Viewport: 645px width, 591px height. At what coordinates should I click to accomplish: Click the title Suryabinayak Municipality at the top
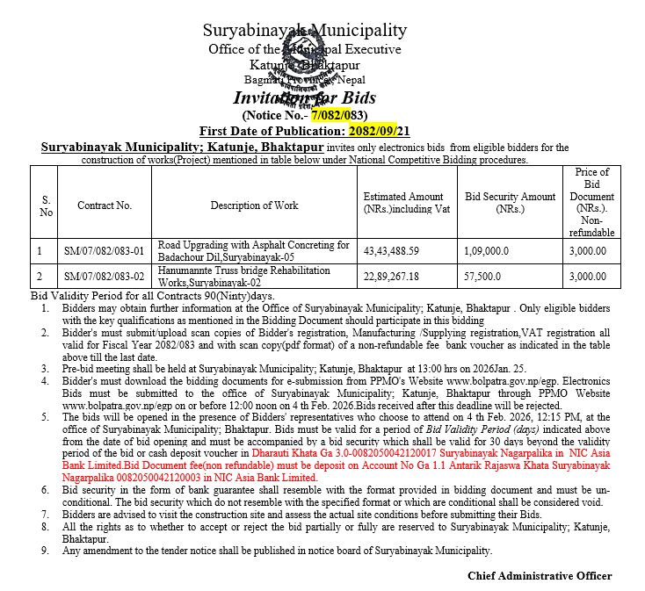[x=305, y=31]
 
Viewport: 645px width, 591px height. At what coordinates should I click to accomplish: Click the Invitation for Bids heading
[x=304, y=97]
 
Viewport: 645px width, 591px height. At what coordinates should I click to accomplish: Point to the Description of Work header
[x=254, y=205]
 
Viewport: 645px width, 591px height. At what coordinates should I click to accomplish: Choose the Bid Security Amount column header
[x=511, y=203]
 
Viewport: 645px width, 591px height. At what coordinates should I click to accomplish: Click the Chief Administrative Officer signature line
[x=540, y=575]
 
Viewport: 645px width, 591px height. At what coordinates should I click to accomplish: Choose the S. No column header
[x=47, y=205]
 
